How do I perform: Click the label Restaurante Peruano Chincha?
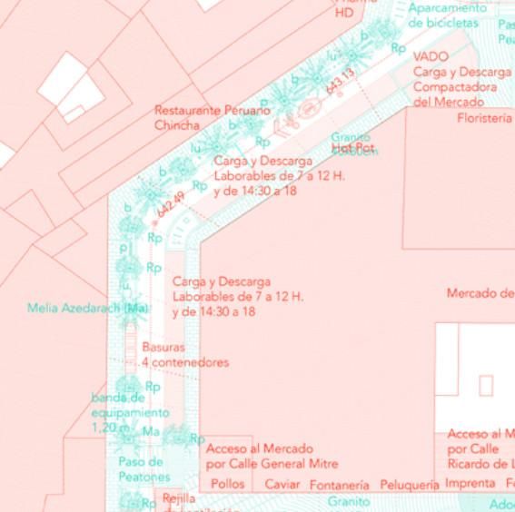(x=212, y=117)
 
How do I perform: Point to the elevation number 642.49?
(x=170, y=206)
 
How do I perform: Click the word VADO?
(x=431, y=56)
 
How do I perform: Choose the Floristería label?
(x=484, y=118)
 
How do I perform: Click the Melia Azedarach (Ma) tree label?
(x=87, y=308)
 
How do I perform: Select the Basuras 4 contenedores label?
(x=184, y=354)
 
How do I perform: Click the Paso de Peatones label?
(x=144, y=469)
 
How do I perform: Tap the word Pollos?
(x=227, y=484)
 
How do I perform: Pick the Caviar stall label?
(x=282, y=485)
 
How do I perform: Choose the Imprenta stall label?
(x=470, y=484)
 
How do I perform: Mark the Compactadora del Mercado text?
(x=455, y=94)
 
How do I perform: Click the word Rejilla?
(x=179, y=499)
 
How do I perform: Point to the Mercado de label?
(x=480, y=293)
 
